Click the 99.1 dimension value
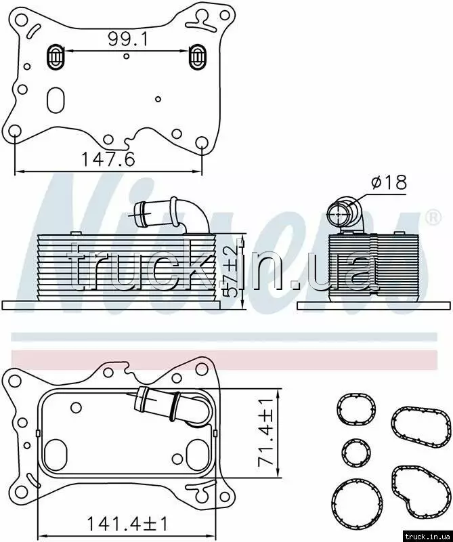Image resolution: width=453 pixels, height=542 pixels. (128, 39)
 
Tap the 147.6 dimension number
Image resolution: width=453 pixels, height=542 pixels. (108, 159)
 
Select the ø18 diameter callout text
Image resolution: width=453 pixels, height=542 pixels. (389, 182)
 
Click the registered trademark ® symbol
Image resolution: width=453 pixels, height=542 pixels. (433, 217)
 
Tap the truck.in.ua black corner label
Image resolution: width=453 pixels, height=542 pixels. (427, 536)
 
